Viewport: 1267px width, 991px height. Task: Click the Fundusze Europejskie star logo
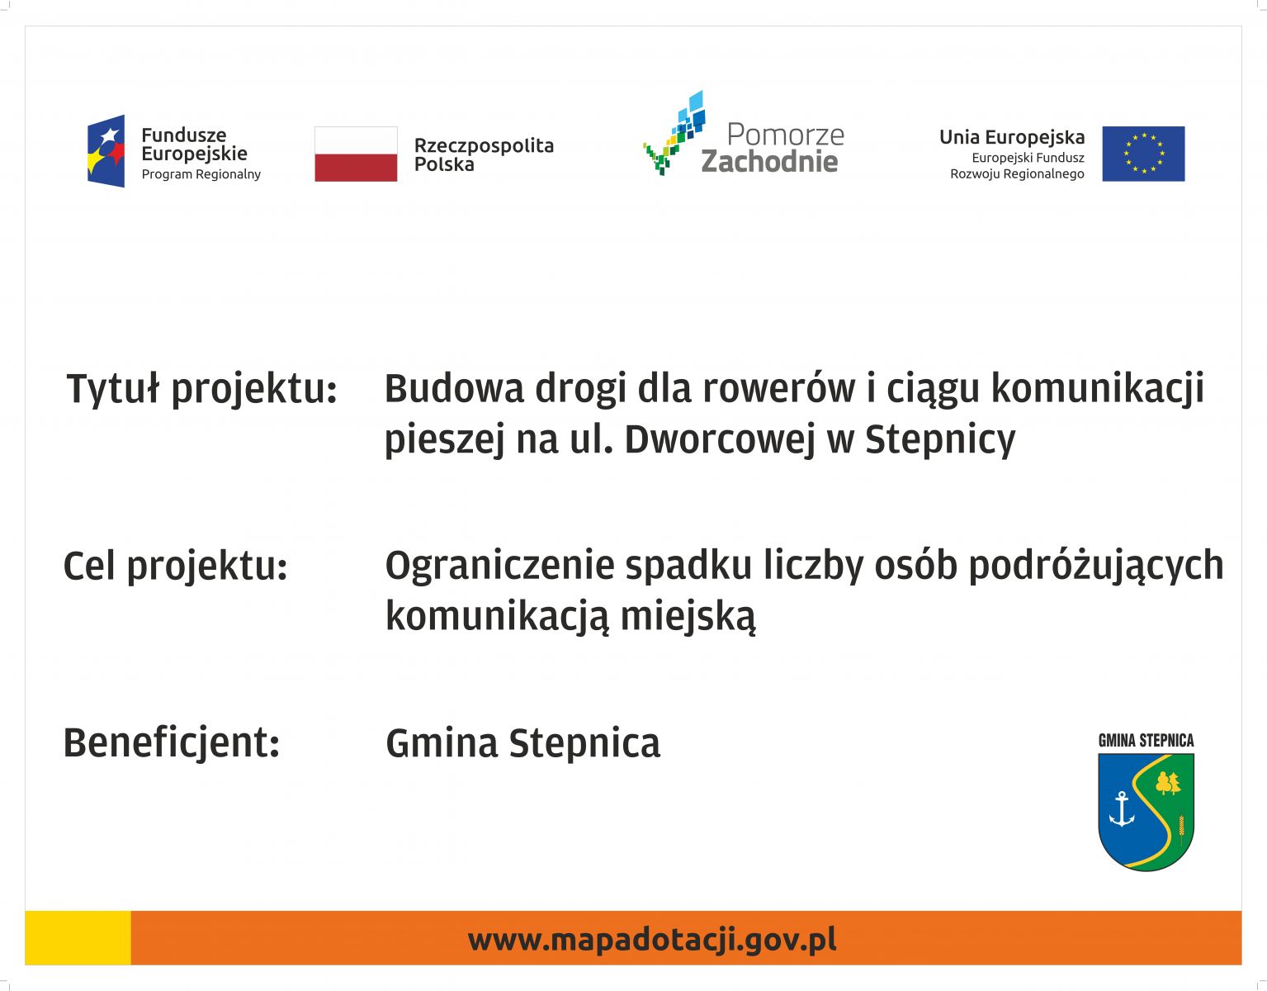[x=106, y=151]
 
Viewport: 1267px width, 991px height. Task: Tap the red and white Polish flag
[x=356, y=154]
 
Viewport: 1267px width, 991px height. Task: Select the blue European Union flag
[x=1143, y=154]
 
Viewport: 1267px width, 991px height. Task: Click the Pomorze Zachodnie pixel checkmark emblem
[x=674, y=133]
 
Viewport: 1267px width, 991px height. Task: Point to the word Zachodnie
[x=769, y=162]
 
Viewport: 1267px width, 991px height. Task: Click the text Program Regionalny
[x=201, y=174]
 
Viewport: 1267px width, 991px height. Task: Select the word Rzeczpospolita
[x=484, y=145]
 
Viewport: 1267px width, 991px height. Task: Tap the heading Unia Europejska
[x=1012, y=138]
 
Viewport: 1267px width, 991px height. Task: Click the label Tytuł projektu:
[x=201, y=389]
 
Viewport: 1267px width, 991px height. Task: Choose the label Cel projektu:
[x=176, y=567]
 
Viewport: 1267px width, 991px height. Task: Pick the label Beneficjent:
[x=172, y=743]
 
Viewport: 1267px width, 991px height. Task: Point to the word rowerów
[x=778, y=388]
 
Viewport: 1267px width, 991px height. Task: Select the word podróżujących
[x=1096, y=566]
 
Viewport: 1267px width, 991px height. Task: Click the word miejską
[x=688, y=617]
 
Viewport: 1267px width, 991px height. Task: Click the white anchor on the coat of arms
[x=1121, y=809]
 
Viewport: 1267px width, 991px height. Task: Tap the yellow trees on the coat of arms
[x=1168, y=783]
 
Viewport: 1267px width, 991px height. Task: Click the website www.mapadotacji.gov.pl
[x=652, y=941]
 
